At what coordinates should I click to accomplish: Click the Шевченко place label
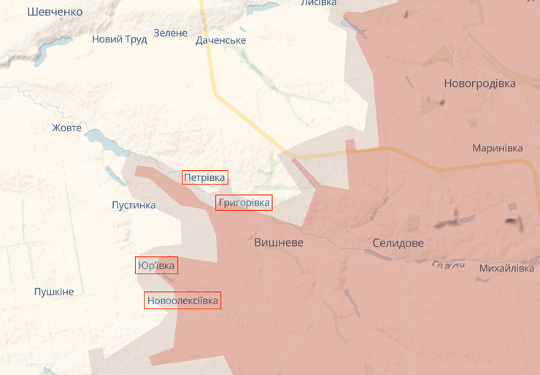55,12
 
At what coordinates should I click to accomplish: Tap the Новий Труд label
119,39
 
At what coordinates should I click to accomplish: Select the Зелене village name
171,33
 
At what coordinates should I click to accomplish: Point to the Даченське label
220,40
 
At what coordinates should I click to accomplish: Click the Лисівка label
318,3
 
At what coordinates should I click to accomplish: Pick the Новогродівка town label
479,83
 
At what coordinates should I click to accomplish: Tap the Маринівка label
497,147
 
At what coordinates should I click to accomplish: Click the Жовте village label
66,128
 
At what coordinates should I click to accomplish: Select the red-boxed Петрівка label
205,177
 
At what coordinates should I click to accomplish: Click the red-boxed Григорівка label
244,202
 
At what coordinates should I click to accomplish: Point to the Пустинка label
134,205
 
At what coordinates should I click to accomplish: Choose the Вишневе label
279,242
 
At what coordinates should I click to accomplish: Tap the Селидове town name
398,243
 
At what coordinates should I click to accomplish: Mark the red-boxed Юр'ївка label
156,266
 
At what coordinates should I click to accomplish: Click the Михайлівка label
506,268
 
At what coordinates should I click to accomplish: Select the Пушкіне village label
54,292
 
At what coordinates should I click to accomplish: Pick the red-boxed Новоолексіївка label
182,300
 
